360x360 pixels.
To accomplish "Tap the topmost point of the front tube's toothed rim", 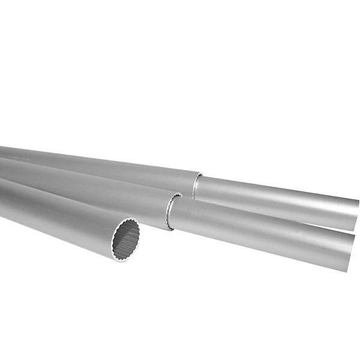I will pyautogui.click(x=130, y=219).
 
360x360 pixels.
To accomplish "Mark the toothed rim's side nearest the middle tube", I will pyautogui.click(x=140, y=235).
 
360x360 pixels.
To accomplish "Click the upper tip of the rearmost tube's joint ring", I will pyautogui.click(x=200, y=175).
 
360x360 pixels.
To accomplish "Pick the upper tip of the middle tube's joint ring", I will pyautogui.click(x=178, y=194).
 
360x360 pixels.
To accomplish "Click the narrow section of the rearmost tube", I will pyautogui.click(x=276, y=198).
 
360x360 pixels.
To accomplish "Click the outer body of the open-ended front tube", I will pyautogui.click(x=54, y=216).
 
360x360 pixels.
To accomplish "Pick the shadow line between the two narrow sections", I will pyautogui.click(x=270, y=214).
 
